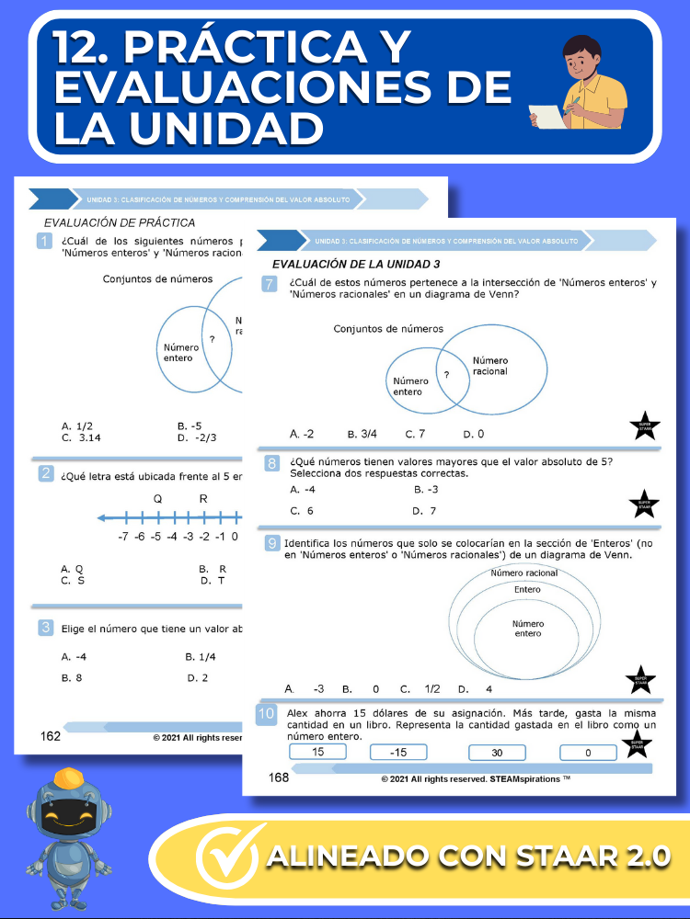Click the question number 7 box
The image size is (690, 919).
coord(270,285)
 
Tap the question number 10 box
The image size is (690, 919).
coord(266,714)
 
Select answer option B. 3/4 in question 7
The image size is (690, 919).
coord(363,434)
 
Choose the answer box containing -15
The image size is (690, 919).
coord(398,753)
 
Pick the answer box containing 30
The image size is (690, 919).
coord(496,753)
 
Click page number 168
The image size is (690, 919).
coord(279,777)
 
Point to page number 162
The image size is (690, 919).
coord(51,736)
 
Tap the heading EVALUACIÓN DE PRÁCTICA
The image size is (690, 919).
coord(120,222)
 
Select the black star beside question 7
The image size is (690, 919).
coord(644,425)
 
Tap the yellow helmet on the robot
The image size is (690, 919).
coord(70,779)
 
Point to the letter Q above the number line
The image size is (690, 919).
coord(157,499)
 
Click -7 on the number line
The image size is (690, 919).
coord(122,537)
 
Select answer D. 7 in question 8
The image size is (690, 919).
coord(424,510)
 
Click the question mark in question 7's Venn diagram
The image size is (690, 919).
coord(446,375)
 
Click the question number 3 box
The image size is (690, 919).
coord(44,628)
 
